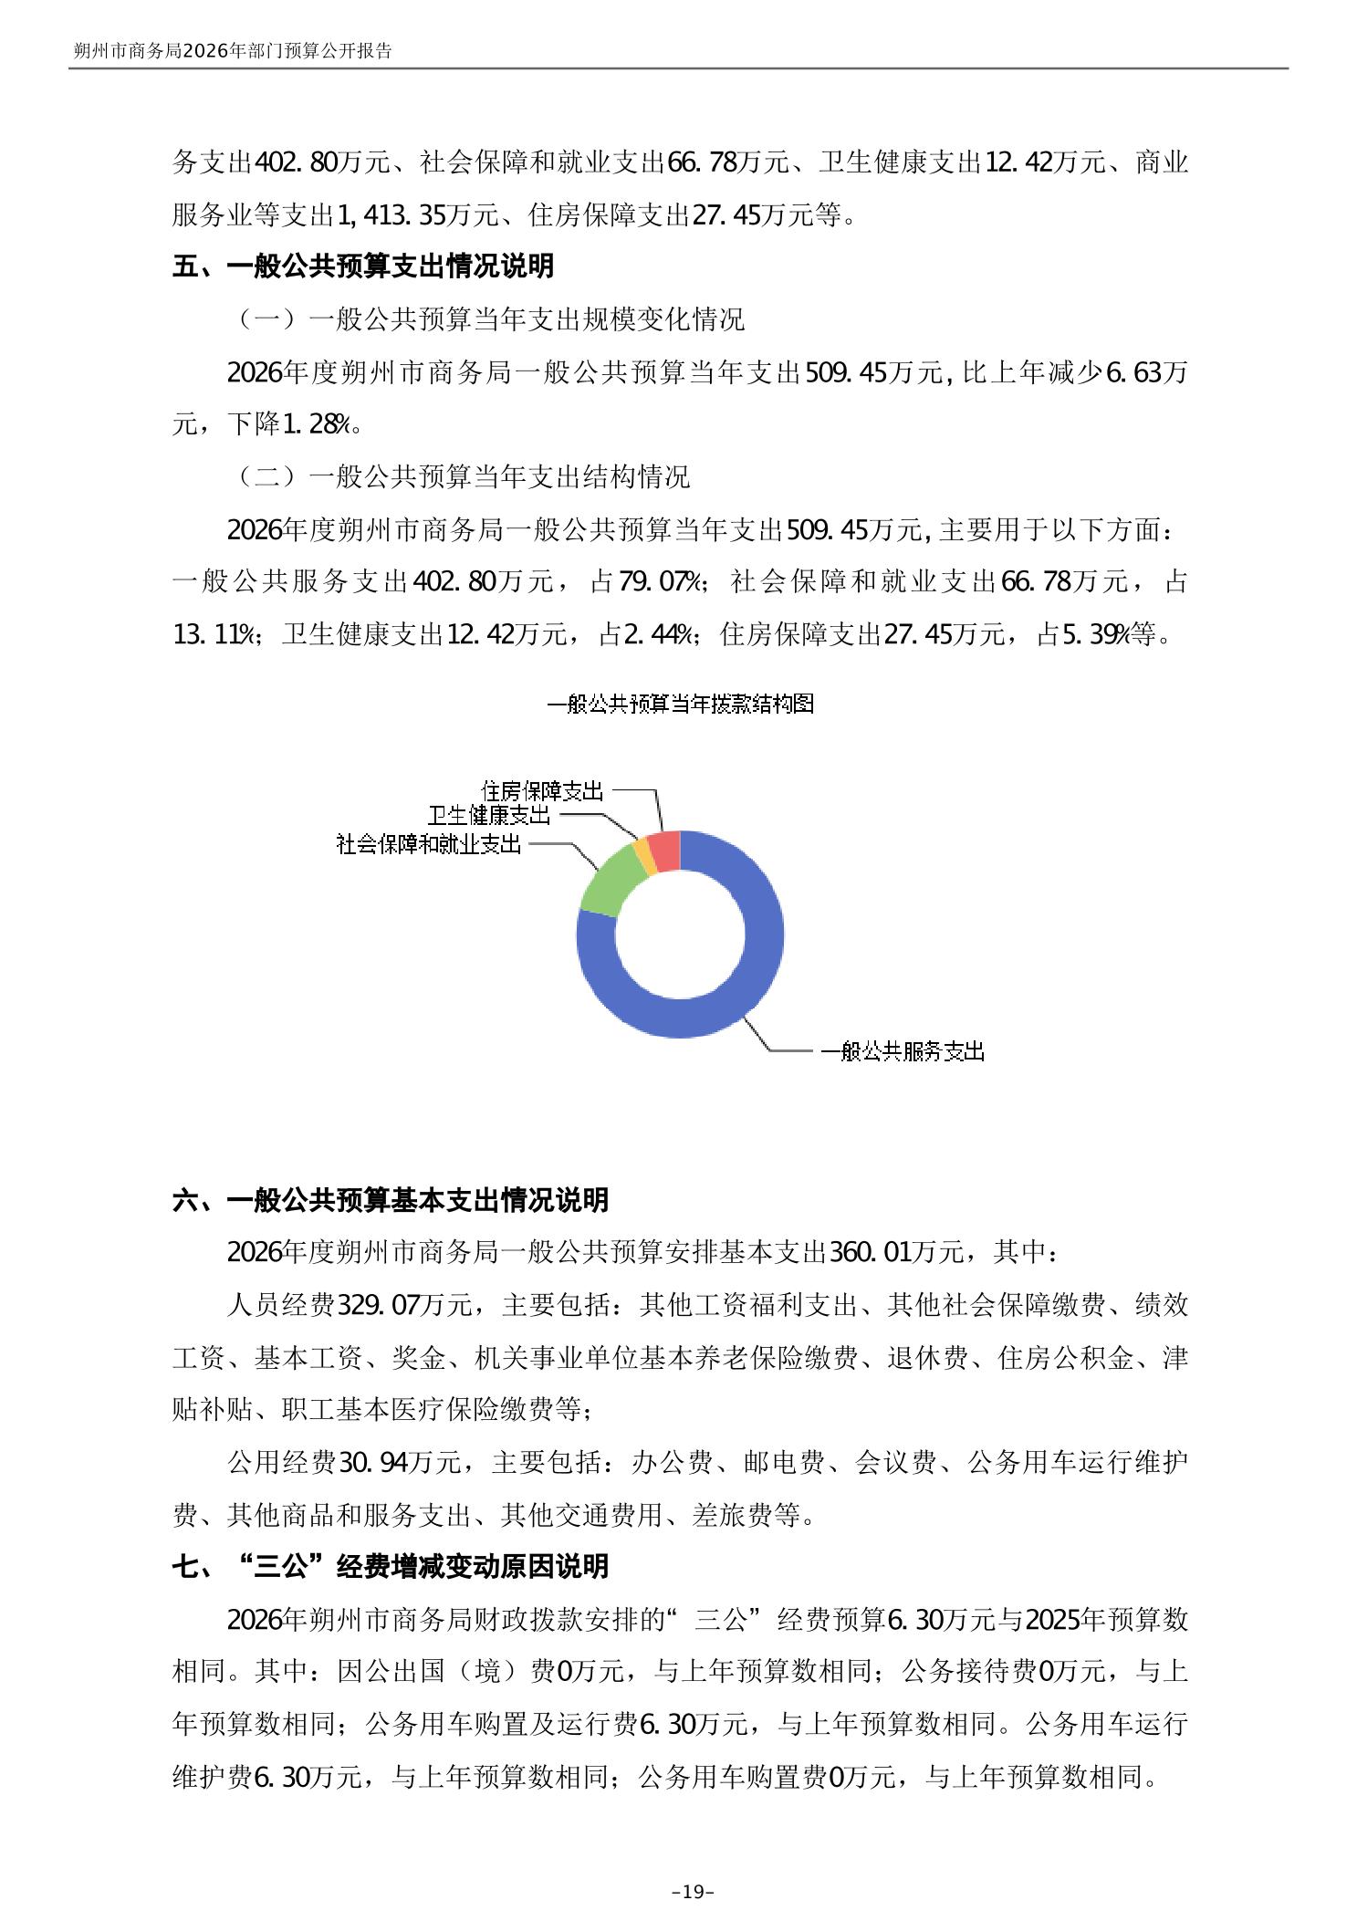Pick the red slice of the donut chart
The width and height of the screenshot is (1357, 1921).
(665, 851)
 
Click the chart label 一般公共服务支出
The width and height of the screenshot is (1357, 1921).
(902, 1051)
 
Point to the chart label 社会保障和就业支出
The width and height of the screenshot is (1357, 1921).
(429, 844)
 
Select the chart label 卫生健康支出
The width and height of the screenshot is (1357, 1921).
(489, 815)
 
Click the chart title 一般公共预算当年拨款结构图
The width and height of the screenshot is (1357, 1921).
(680, 704)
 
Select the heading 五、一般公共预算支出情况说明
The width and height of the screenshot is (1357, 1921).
(363, 266)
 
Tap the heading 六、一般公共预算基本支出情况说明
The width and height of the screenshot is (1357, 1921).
(391, 1200)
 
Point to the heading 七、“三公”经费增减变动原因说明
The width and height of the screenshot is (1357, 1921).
(391, 1567)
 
